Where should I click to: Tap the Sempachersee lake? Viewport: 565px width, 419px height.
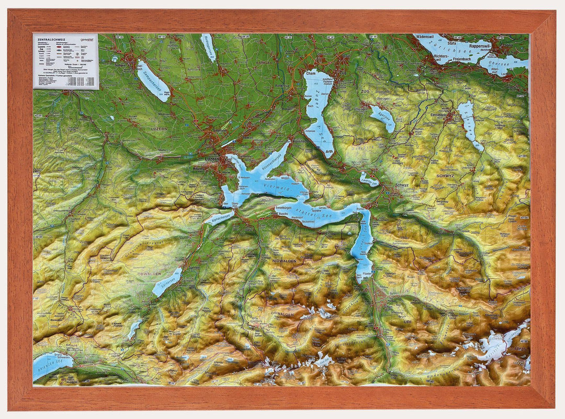coord(153,81)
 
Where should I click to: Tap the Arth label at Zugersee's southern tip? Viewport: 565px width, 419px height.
coord(329,151)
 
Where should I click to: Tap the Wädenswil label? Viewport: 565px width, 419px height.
coord(428,38)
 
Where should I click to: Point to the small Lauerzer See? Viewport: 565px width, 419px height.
coord(369,181)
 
